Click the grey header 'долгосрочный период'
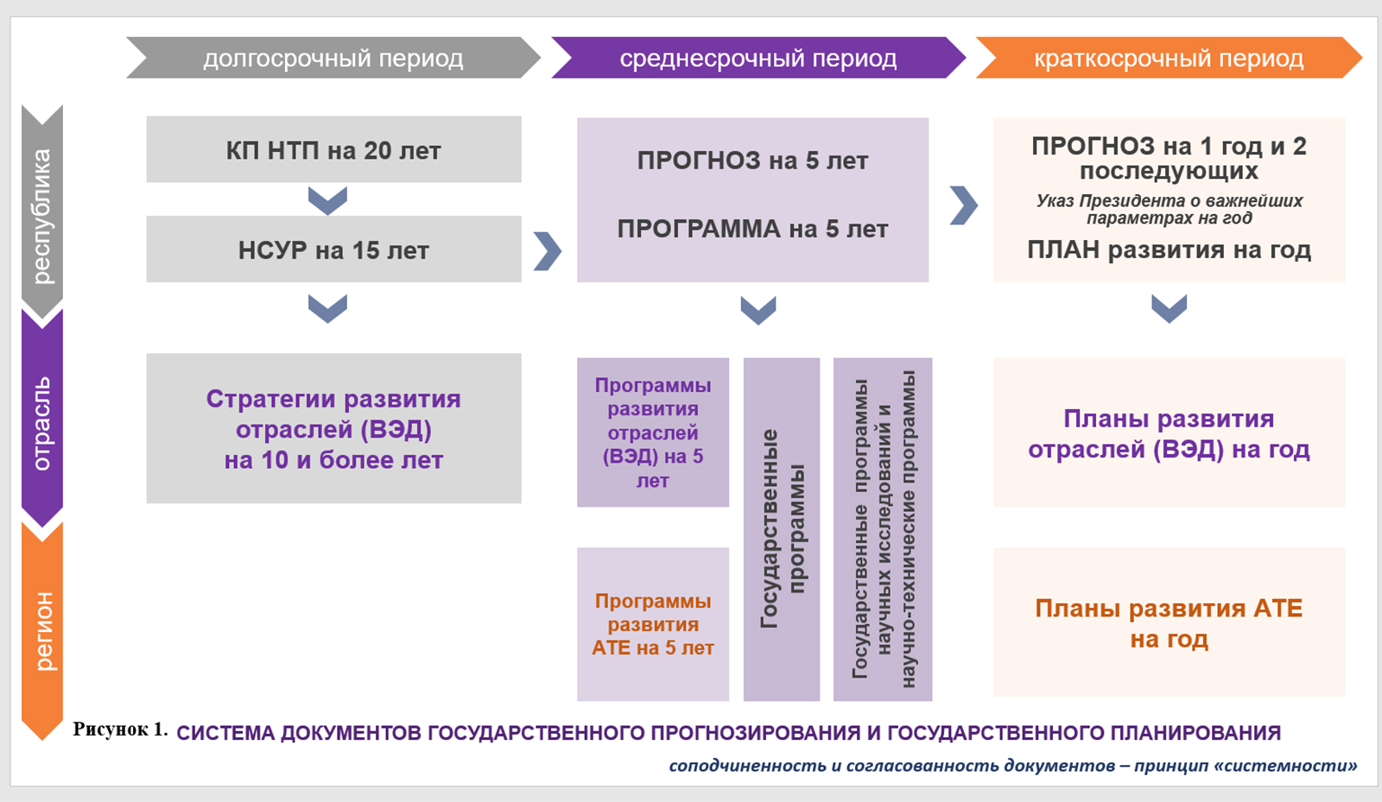coord(333,58)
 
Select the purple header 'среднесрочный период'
coord(758,58)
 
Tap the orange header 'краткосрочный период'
coord(1169,58)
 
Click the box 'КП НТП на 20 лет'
coord(333,150)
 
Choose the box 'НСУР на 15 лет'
coord(333,249)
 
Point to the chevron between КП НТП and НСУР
coord(327,200)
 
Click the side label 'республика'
coord(41,217)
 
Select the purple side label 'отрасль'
coord(41,423)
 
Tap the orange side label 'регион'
coord(41,631)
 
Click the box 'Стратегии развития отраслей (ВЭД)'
coord(333,428)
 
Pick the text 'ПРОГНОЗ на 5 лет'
coord(752,161)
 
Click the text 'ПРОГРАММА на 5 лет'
coord(752,229)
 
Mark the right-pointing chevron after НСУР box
coord(548,251)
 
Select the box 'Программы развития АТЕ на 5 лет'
coord(653,624)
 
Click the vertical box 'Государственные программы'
coord(782,529)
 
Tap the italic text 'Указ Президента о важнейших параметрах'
coord(1169,209)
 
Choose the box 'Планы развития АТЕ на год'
coord(1169,622)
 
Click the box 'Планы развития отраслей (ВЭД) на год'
coord(1169,433)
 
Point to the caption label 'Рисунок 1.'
coord(120,729)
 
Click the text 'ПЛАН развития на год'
coord(1169,250)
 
